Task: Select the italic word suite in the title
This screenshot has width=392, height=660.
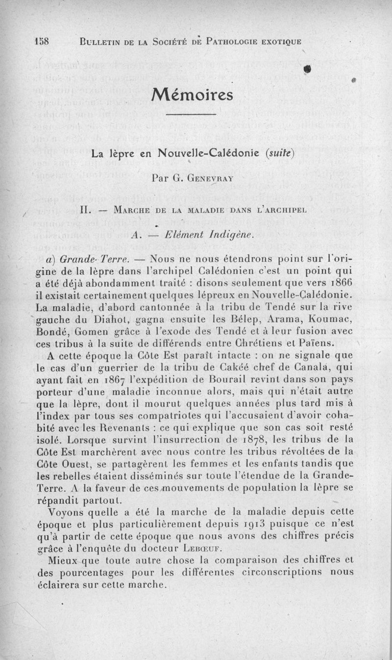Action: (x=279, y=153)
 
